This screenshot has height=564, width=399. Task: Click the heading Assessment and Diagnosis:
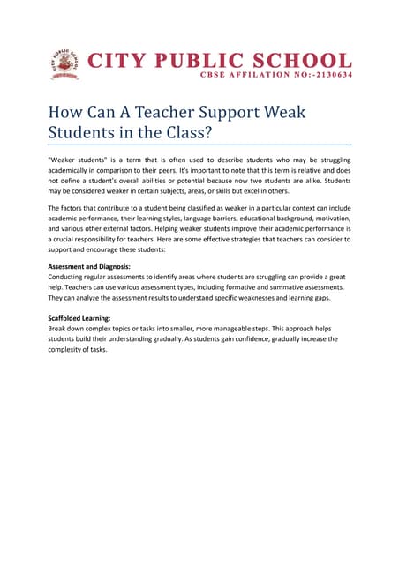[89, 265]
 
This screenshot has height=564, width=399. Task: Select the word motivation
[330, 227]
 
